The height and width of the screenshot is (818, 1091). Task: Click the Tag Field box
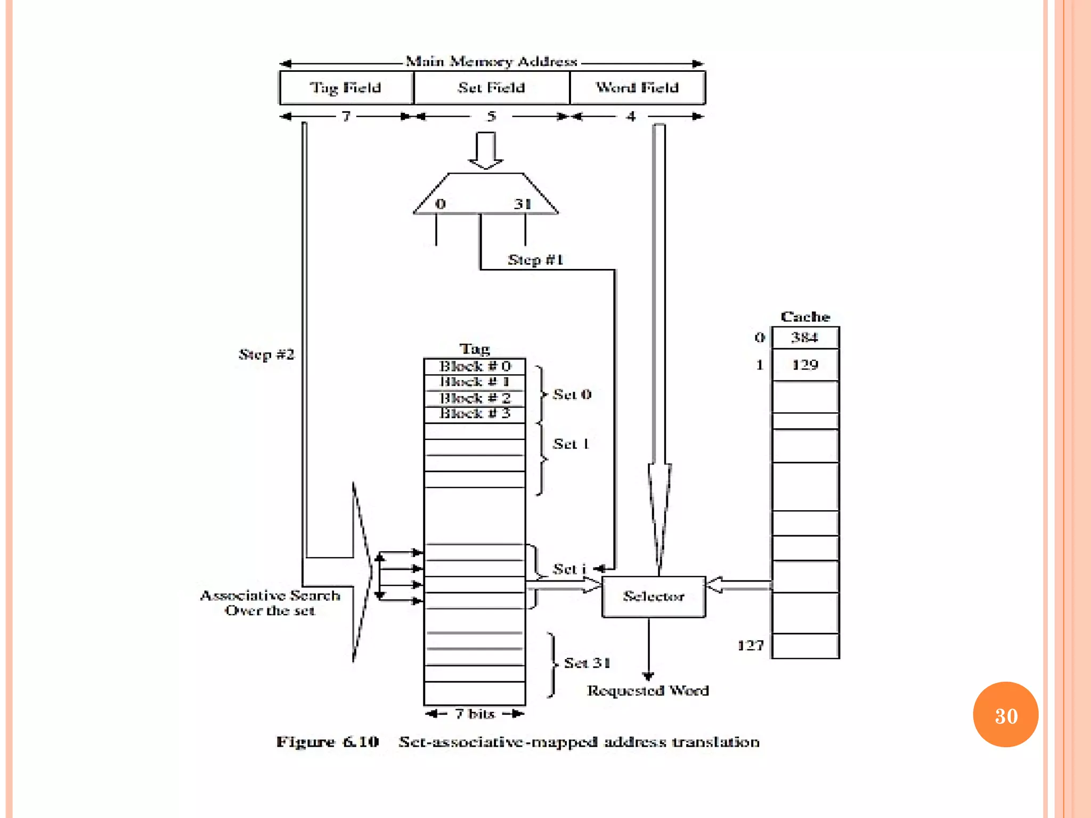pos(346,88)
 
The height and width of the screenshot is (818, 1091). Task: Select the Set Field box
pos(491,88)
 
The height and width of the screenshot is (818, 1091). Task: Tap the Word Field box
pos(637,88)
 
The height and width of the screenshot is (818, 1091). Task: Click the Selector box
pos(654,596)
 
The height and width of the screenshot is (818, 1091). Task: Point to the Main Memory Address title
pos(491,62)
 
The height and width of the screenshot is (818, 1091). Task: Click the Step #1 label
pos(535,260)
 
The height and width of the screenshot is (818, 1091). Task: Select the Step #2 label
pos(266,355)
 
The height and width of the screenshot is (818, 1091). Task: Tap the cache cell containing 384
pos(805,338)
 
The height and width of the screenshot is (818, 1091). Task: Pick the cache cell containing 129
pos(805,365)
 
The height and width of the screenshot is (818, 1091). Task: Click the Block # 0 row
pos(475,366)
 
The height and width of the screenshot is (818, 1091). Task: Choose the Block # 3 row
pos(475,414)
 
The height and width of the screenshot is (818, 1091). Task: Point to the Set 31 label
pos(587,663)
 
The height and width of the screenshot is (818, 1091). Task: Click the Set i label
pos(569,569)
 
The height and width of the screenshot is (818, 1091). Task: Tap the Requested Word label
pos(648,691)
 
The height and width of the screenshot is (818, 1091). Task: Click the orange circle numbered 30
pos(1005,715)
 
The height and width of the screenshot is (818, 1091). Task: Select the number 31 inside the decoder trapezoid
pos(523,204)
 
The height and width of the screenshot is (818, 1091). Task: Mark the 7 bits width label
pos(475,714)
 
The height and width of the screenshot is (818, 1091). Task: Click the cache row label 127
pos(751,646)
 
